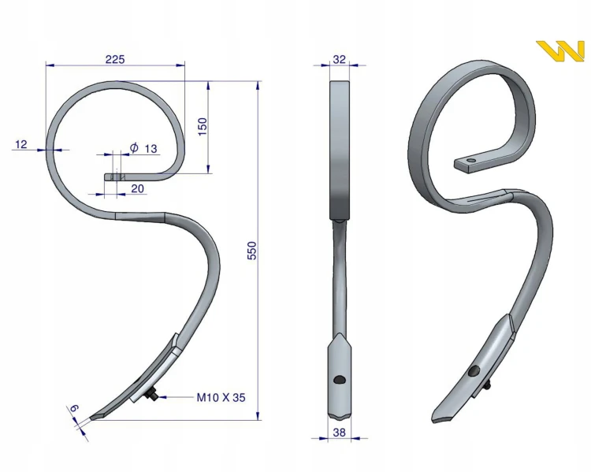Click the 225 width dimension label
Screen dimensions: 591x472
tap(115, 59)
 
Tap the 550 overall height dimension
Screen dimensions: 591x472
tap(252, 251)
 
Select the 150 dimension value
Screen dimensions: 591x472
tap(203, 127)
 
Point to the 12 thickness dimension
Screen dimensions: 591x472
tap(21, 144)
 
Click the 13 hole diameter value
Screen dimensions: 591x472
tap(151, 149)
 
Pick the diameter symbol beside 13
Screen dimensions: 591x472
tap(134, 147)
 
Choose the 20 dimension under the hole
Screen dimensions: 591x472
tap(138, 188)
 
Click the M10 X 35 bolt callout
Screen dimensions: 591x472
tap(221, 397)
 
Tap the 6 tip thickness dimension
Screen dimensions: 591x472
tap(74, 408)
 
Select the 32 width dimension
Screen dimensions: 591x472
tap(339, 59)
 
